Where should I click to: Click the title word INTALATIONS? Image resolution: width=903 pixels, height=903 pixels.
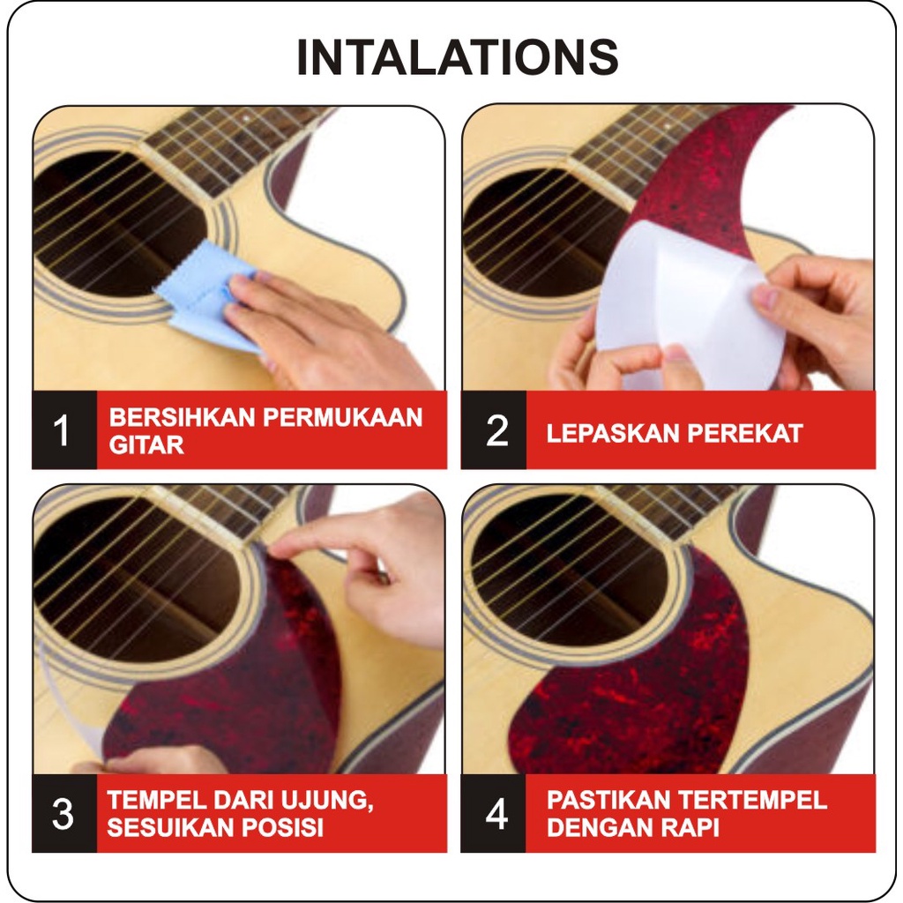point(458,57)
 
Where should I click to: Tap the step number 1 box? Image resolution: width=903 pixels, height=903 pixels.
point(63,430)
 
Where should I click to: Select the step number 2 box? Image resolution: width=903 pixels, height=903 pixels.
point(494,430)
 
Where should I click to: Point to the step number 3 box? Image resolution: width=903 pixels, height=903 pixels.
point(63,813)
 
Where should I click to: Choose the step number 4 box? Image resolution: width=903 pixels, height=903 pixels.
point(494,813)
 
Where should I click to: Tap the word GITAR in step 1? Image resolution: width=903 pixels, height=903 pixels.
point(146,445)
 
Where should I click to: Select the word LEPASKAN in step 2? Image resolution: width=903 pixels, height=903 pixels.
point(612,434)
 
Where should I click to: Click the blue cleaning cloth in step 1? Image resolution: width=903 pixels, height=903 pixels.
point(202,294)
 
